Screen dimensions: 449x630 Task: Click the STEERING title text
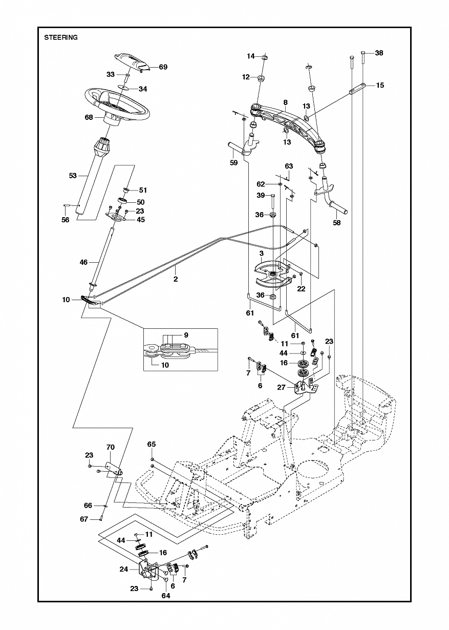(x=61, y=37)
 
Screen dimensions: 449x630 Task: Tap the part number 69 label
(x=163, y=67)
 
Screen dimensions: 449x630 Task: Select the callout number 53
(x=73, y=176)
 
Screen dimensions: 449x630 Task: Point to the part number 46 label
(x=84, y=262)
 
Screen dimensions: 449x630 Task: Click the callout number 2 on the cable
(x=176, y=279)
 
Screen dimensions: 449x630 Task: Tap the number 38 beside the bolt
(x=379, y=53)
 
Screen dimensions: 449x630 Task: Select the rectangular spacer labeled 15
(x=357, y=89)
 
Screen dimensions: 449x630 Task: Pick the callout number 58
(x=336, y=222)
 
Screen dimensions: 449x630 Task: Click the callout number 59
(x=233, y=162)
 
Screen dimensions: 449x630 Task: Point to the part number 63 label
(x=289, y=166)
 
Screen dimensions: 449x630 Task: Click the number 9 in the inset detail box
(x=186, y=335)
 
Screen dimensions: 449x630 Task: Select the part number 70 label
(x=111, y=447)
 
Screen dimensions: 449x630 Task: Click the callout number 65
(x=151, y=444)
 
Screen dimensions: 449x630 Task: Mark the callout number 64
(x=166, y=596)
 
